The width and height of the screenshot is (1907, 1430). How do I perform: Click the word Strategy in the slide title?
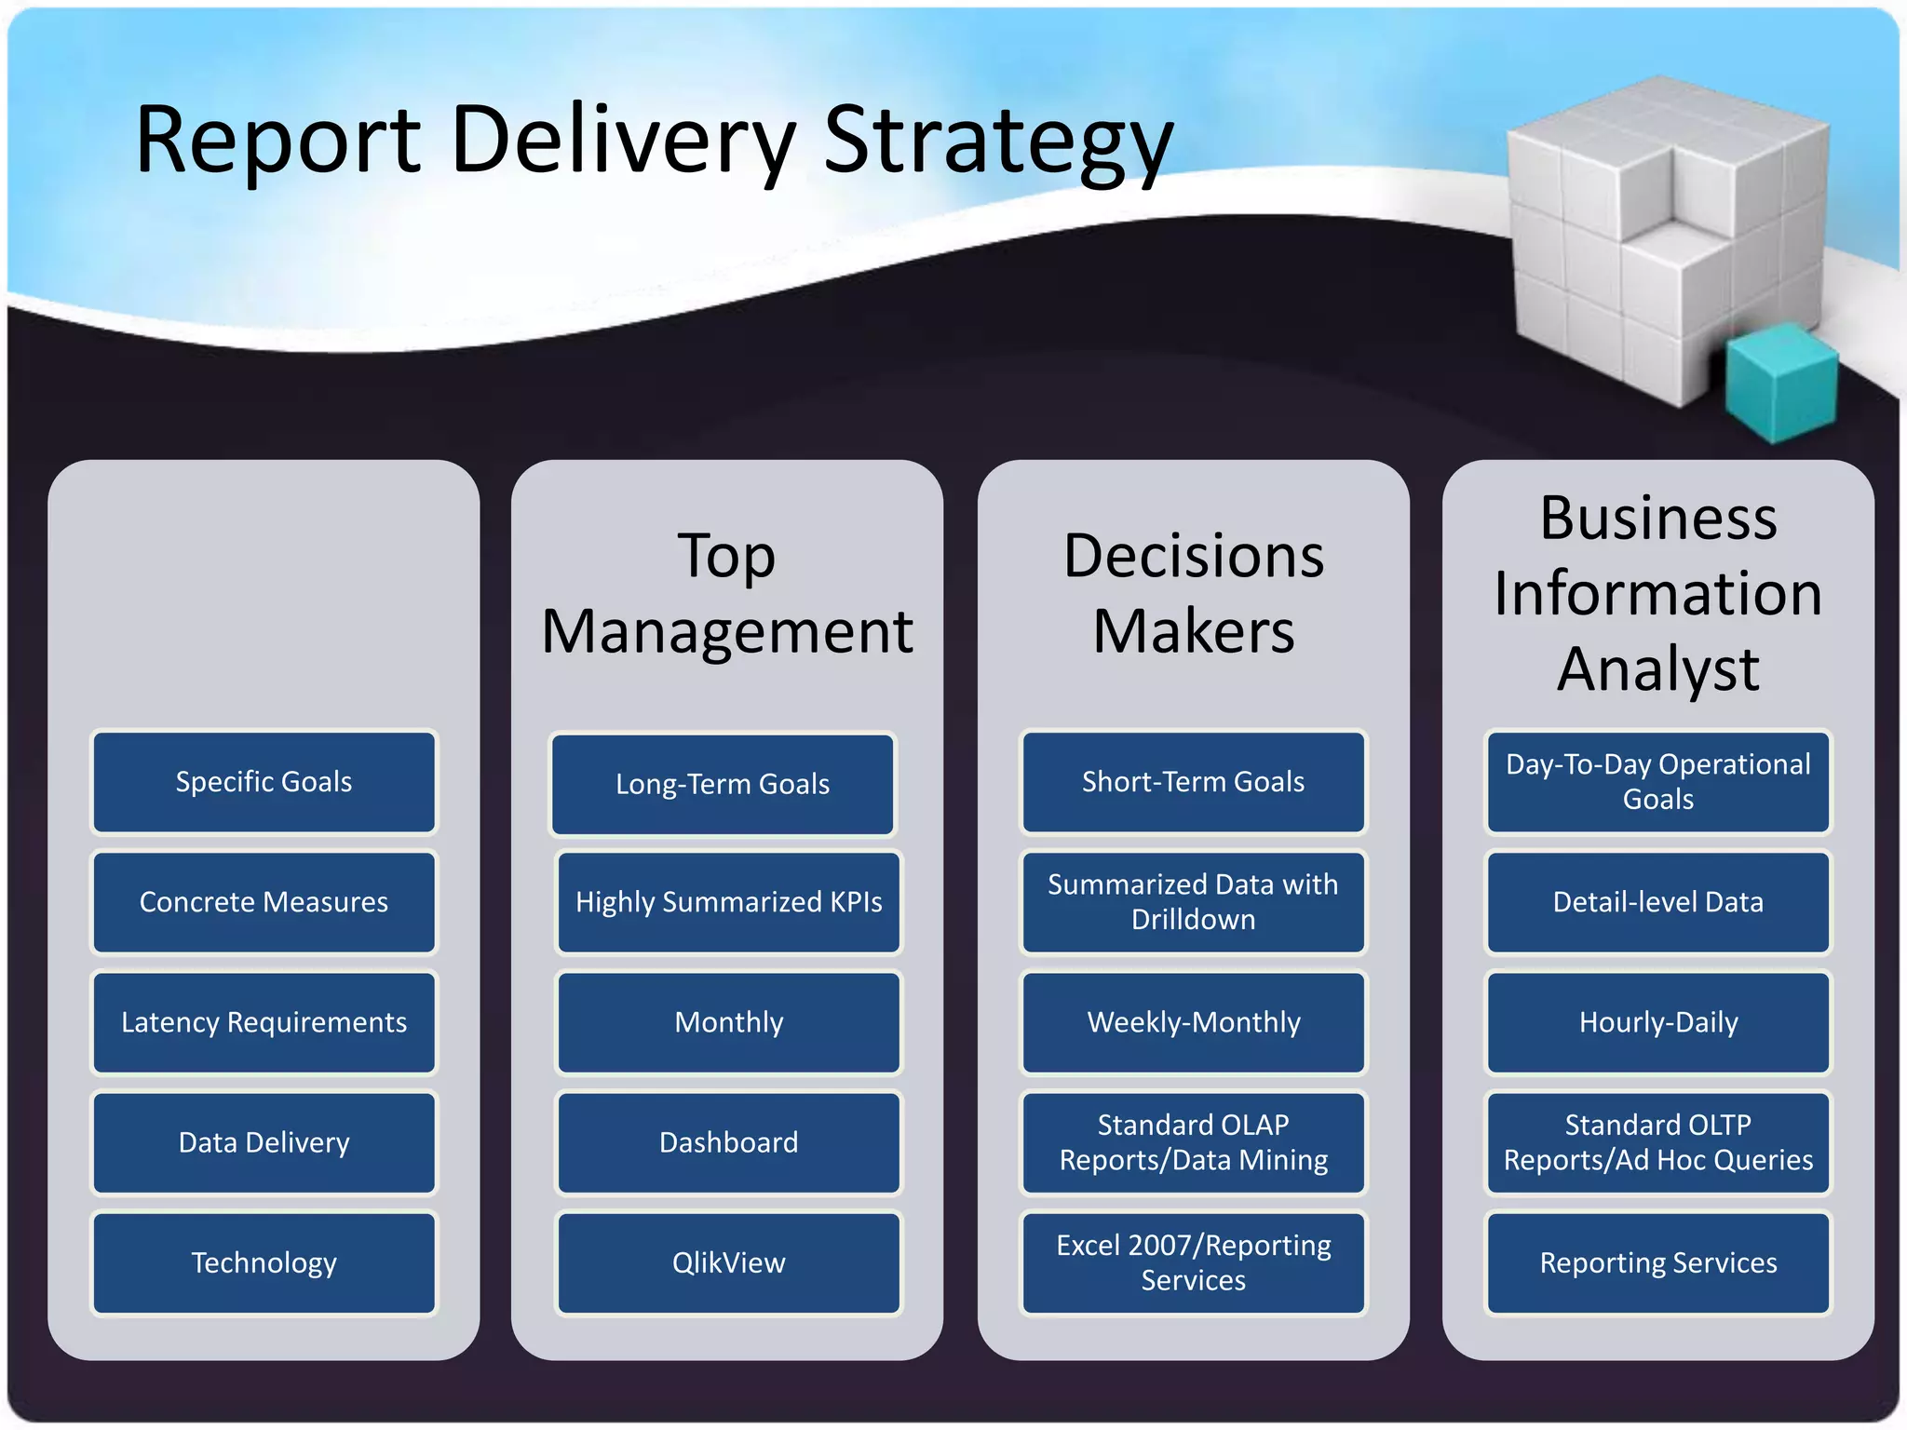tap(997, 142)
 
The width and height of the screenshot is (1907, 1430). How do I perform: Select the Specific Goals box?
tap(264, 782)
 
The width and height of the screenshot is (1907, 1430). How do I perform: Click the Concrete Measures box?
tap(264, 902)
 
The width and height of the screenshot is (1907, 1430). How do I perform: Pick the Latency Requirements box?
tap(264, 1022)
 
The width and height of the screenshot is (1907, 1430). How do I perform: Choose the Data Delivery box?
tap(264, 1142)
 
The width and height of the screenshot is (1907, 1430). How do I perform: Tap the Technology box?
tap(264, 1262)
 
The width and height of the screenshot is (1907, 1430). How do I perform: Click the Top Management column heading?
tap(727, 594)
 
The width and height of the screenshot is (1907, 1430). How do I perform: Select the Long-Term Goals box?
tap(723, 784)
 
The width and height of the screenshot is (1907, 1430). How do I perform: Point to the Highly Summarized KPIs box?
tap(728, 902)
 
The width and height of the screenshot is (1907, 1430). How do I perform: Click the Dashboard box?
tap(728, 1142)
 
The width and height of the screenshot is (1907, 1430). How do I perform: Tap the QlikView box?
tap(728, 1262)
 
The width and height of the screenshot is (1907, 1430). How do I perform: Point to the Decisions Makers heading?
tap(1193, 594)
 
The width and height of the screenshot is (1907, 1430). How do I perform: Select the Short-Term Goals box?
tap(1193, 782)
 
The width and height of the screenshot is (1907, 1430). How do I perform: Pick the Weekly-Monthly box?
tap(1193, 1022)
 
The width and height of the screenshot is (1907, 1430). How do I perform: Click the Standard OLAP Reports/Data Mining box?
tap(1193, 1142)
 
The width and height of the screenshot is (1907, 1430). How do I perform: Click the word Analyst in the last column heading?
tap(1657, 668)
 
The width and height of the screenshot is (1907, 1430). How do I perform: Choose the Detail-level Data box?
tap(1657, 902)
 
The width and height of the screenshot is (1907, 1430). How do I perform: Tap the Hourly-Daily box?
tap(1657, 1022)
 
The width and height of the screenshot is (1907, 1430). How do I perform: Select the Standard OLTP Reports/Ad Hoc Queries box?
tap(1657, 1142)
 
